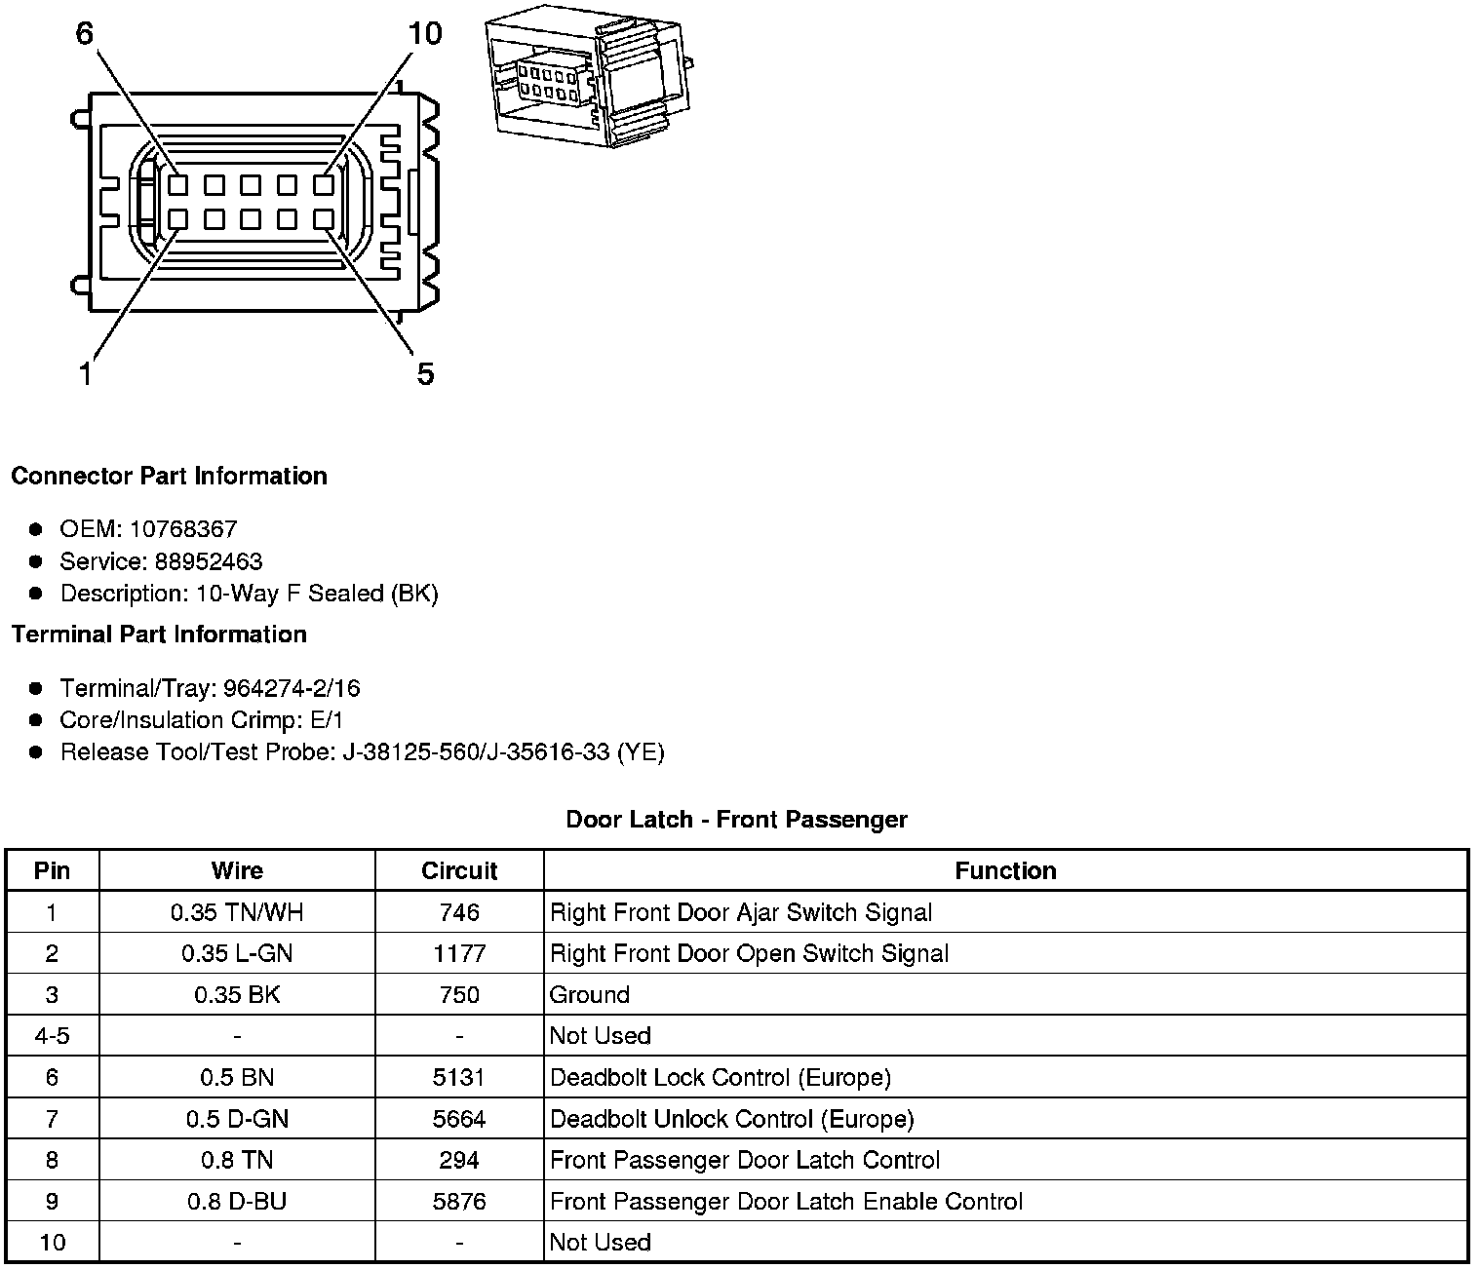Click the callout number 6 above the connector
pos(85,34)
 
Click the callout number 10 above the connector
pos(425,34)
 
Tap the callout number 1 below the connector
pos(86,373)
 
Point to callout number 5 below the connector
pos(425,373)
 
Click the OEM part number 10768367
pos(183,529)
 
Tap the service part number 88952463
pos(209,561)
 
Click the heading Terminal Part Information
pos(159,634)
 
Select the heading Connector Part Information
pos(169,476)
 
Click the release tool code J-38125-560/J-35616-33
pos(477,752)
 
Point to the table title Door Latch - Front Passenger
pos(736,820)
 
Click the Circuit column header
pos(459,870)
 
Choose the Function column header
pos(1005,870)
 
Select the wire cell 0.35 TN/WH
pos(237,912)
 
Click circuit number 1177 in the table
pos(459,953)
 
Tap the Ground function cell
pos(590,995)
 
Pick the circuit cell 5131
pos(459,1078)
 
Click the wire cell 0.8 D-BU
pos(237,1202)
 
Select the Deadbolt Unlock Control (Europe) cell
pos(732,1119)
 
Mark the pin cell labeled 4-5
pos(52,1036)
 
